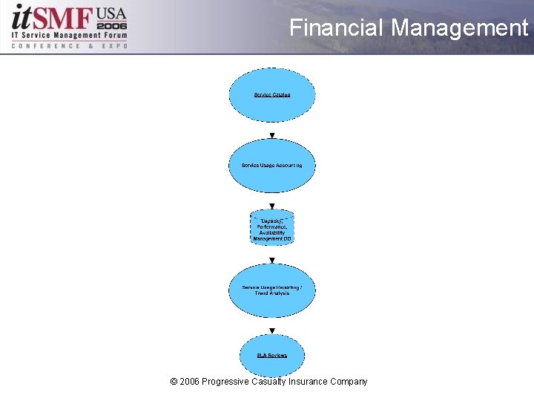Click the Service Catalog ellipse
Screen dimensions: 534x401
coord(272,95)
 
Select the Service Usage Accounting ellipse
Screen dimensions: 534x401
coord(272,166)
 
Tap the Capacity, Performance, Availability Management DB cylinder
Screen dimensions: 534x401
coord(272,228)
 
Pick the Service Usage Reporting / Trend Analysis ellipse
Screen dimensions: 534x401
coord(272,290)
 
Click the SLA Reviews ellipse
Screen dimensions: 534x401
coord(272,355)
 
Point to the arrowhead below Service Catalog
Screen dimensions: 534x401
coord(272,135)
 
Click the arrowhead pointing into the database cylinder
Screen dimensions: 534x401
coord(272,206)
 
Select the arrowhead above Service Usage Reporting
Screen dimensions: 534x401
coord(272,260)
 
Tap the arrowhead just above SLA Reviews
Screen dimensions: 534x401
coord(272,330)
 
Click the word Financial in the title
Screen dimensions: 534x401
coord(337,28)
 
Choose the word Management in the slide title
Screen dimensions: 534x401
coord(459,28)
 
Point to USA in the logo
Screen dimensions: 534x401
coord(111,13)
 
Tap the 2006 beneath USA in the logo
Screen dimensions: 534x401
coord(111,25)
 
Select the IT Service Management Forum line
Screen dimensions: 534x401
coord(69,36)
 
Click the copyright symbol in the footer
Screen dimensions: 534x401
coord(174,382)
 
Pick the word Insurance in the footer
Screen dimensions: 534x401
coord(311,382)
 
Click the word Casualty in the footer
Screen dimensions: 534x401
coord(272,382)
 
